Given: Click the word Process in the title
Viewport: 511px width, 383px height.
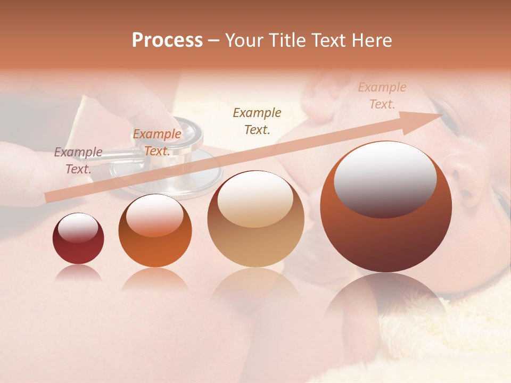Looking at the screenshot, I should click(x=167, y=40).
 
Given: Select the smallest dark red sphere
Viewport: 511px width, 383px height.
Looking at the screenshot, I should click(x=78, y=239).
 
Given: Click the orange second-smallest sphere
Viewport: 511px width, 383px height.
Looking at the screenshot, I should click(x=155, y=231).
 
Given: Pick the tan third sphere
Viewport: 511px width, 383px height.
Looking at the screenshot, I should click(x=256, y=219).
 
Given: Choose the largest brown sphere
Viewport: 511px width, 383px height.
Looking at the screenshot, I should click(x=386, y=207).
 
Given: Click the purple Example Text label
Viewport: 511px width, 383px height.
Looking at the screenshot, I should click(x=78, y=161).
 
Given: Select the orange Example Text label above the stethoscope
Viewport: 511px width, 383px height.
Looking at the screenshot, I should click(x=156, y=143).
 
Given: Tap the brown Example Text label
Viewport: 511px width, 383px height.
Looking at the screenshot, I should click(x=257, y=121).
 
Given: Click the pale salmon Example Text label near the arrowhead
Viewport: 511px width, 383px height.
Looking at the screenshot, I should click(x=382, y=96).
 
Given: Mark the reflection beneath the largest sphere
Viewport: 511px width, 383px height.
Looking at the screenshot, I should click(x=385, y=298).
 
